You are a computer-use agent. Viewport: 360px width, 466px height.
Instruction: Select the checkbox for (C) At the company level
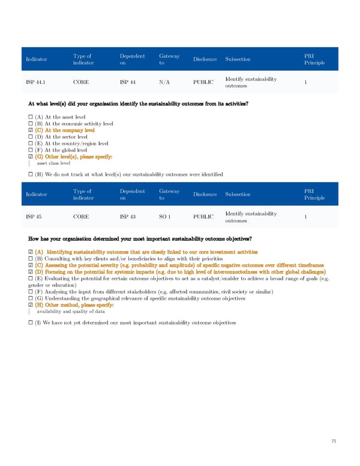30,130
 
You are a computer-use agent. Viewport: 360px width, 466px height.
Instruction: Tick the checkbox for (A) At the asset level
30,116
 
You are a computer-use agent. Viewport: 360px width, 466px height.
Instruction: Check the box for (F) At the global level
30,150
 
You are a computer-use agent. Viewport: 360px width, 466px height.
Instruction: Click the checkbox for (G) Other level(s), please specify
30,157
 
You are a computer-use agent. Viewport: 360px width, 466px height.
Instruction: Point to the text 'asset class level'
53,163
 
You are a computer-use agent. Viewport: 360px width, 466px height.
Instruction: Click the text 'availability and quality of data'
71,312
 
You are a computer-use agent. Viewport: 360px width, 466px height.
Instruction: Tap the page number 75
334,441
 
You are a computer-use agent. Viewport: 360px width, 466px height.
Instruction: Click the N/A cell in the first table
166,83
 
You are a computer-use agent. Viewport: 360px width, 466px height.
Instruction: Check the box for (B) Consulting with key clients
30,258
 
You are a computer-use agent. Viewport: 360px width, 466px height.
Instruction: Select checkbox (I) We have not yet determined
30,323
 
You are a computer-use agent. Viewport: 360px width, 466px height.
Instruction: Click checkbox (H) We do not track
30,174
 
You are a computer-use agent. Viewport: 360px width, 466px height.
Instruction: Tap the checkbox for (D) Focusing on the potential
30,271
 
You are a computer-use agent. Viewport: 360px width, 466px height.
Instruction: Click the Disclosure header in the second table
205,194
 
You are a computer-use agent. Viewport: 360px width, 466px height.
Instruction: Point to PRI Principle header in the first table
314,59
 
